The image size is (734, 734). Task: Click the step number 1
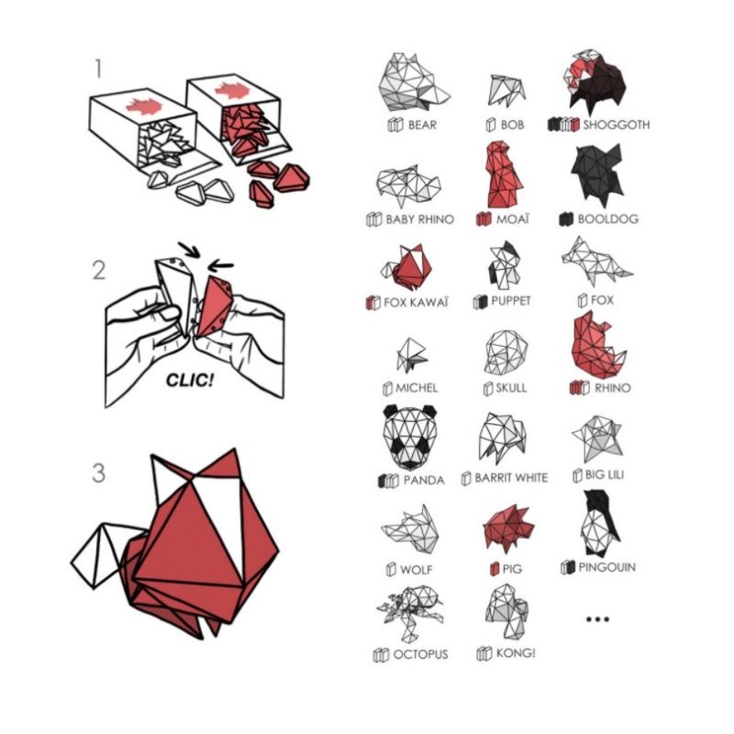[x=98, y=69]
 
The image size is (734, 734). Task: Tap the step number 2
[x=99, y=271]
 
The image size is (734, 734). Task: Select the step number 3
[x=99, y=473]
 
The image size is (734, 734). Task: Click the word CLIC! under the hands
[x=190, y=380]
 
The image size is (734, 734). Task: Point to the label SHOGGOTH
[x=616, y=125]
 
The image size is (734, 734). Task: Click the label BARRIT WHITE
[x=511, y=477]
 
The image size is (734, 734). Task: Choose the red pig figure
[x=508, y=527]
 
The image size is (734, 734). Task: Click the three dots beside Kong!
[x=598, y=619]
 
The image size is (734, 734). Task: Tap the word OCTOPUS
[x=420, y=654]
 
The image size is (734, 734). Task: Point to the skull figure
[x=506, y=352]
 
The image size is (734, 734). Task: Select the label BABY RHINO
[x=420, y=219]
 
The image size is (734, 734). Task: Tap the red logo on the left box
[x=144, y=107]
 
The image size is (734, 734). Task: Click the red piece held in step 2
[x=215, y=306]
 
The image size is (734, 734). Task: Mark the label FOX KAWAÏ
[x=416, y=303]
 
